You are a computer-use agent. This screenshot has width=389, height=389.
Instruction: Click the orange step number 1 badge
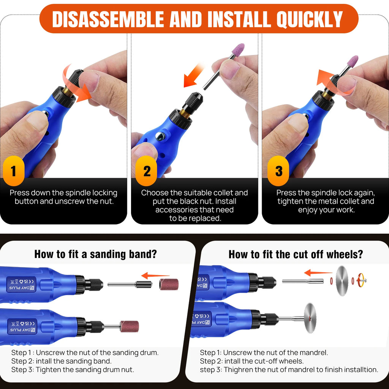[x=13, y=171]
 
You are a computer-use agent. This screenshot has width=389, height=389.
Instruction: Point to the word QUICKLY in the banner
[x=310, y=19]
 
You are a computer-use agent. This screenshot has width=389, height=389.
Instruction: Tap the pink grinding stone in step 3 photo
[x=353, y=62]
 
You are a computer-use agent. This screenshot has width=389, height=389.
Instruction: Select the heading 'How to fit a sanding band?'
[x=95, y=254]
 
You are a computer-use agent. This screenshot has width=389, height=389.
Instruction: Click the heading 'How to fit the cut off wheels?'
[x=296, y=254]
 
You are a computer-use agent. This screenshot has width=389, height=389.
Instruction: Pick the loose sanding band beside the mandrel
[x=168, y=284]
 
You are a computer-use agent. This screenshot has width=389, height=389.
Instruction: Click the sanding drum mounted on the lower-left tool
[x=129, y=326]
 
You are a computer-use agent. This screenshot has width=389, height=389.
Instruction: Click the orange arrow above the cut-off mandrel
[x=318, y=272]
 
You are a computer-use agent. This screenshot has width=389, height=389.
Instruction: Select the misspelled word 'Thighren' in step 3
[x=238, y=369]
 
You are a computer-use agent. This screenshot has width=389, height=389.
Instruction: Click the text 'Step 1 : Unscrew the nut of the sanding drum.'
[x=85, y=353]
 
